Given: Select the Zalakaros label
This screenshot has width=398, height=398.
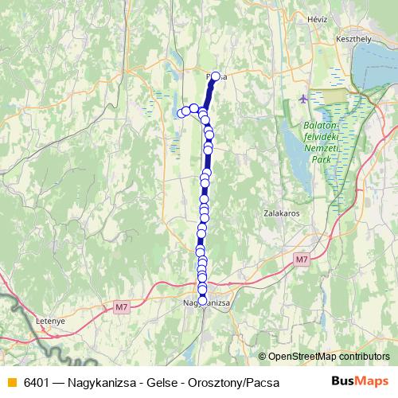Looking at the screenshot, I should (x=280, y=214).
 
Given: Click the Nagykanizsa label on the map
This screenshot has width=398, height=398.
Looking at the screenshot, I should (x=206, y=304).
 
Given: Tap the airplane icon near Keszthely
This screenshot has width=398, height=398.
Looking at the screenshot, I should (x=303, y=99).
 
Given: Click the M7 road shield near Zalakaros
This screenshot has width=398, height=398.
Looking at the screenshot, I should (x=300, y=259).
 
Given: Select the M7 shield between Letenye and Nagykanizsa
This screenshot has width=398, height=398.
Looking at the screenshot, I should (x=121, y=306).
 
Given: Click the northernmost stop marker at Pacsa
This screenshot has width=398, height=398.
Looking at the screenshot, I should (x=215, y=76).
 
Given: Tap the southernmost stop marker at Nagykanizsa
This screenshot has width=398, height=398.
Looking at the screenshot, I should (x=202, y=300).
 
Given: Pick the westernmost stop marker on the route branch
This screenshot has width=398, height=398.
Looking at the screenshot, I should (x=181, y=112).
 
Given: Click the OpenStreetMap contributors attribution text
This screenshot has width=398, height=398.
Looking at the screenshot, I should (x=328, y=357).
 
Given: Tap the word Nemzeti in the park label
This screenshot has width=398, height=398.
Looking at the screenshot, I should (x=322, y=149).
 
